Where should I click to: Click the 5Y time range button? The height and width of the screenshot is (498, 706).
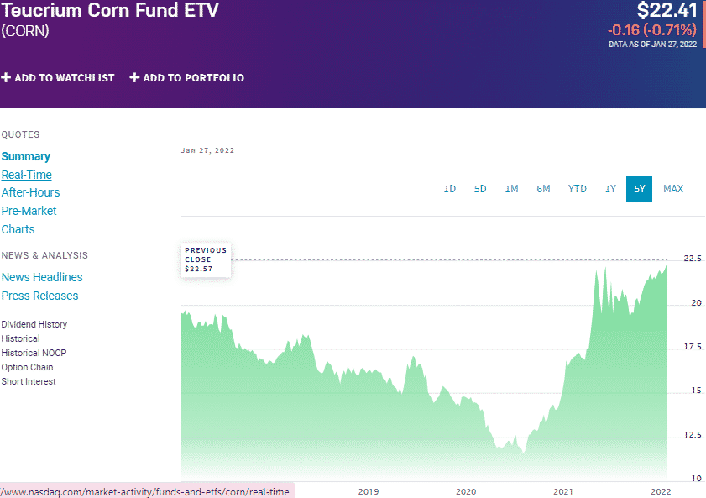[x=639, y=189]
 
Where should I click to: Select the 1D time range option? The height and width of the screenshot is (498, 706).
[x=449, y=189]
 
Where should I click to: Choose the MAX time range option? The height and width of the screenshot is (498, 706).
[x=673, y=189]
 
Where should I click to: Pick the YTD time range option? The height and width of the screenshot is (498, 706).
[x=577, y=189]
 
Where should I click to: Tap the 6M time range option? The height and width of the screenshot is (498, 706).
[x=543, y=189]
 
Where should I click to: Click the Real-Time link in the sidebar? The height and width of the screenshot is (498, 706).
[x=27, y=175]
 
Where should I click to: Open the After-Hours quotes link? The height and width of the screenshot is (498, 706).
[x=31, y=192]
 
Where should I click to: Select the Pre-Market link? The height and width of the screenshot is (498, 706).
[x=29, y=211]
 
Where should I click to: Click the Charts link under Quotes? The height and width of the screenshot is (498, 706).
[x=18, y=229]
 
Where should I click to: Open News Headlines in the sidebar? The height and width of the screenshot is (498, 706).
[x=42, y=277]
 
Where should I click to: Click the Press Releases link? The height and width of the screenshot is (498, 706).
[x=39, y=296]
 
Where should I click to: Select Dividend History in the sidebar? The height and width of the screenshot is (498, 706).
[x=34, y=324]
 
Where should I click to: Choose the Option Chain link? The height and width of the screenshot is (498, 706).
[x=28, y=367]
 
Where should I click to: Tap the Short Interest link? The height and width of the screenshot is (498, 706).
[x=29, y=381]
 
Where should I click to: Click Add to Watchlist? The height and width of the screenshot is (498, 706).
[x=58, y=78]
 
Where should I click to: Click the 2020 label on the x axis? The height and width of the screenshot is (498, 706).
[x=466, y=491]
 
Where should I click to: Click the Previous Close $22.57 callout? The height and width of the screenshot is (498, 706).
[x=206, y=259]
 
